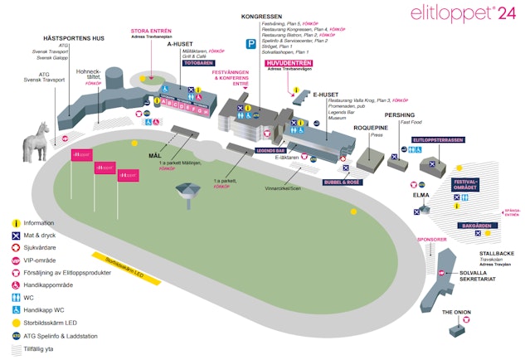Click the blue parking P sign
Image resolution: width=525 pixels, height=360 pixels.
(x=250, y=43)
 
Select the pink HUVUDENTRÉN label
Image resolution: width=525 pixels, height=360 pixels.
(x=289, y=61)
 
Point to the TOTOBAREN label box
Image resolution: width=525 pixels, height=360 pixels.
(x=198, y=62)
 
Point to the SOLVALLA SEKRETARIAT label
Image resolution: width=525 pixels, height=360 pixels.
(x=479, y=276)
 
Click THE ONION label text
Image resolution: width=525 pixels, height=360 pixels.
(x=457, y=312)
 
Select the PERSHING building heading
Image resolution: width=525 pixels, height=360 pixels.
(x=400, y=114)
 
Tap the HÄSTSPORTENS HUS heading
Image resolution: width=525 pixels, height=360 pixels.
(x=75, y=39)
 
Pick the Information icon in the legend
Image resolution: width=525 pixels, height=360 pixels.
(x=16, y=222)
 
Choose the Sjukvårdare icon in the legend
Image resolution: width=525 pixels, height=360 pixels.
(x=16, y=247)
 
